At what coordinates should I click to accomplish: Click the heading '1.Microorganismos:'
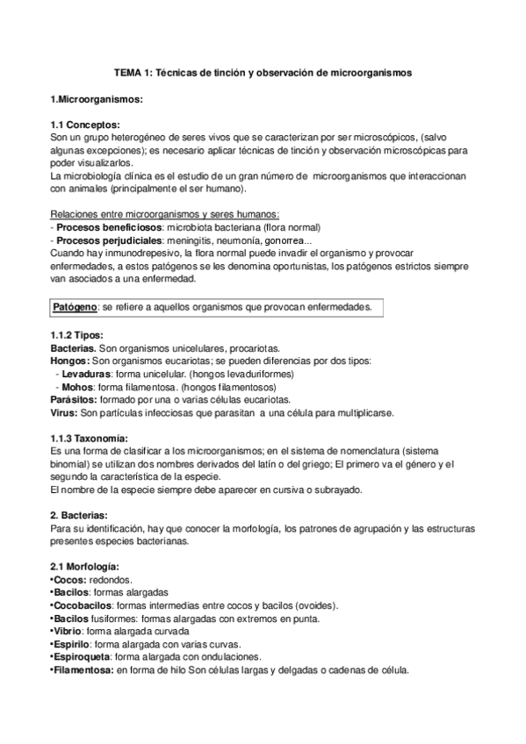pyautogui.click(x=92, y=99)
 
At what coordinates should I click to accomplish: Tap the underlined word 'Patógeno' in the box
pyautogui.click(x=75, y=307)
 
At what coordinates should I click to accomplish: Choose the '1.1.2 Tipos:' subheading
pyautogui.click(x=77, y=336)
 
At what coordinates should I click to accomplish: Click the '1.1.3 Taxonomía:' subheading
pyautogui.click(x=90, y=438)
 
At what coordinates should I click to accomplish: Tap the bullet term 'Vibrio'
pyautogui.click(x=68, y=631)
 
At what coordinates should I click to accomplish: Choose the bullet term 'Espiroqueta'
pyautogui.click(x=81, y=656)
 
